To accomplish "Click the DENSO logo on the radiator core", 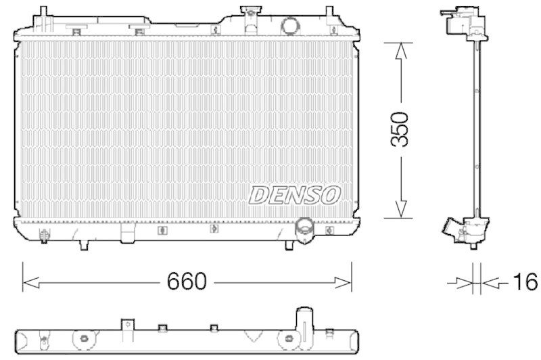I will coord(294,195).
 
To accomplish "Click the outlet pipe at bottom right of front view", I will coord(304,229).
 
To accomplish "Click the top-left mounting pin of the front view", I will coord(43,14).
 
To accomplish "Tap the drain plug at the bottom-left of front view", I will coord(45,236).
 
